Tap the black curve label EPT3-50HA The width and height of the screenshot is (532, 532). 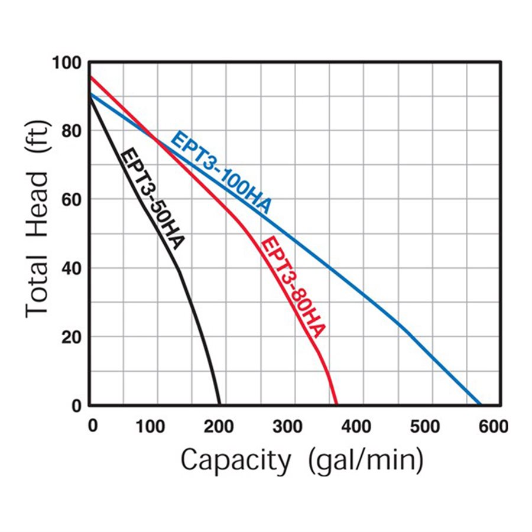[x=153, y=199]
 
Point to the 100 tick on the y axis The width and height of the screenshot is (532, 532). [x=68, y=62]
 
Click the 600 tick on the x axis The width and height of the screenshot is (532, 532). [x=494, y=426]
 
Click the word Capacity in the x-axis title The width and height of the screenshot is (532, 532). [x=236, y=460]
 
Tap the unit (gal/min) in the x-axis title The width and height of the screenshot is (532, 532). [x=365, y=460]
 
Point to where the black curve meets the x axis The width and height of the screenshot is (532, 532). [x=219, y=405]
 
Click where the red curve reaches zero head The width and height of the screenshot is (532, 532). [x=336, y=405]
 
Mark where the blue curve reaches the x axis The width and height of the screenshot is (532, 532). [x=481, y=405]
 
